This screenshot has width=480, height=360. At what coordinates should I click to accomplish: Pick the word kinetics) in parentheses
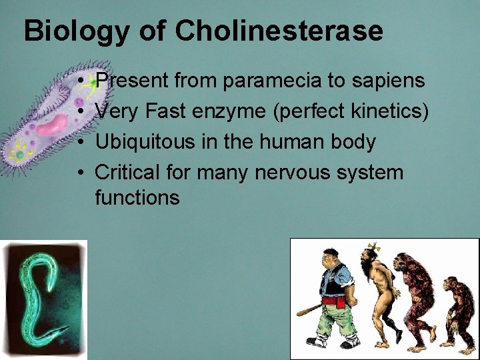pos(389,111)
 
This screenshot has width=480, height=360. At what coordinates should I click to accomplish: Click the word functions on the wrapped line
pos(137,198)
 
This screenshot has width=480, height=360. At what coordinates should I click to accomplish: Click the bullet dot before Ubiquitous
pos(80,143)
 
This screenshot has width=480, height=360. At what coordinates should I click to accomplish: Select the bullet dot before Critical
pos(80,173)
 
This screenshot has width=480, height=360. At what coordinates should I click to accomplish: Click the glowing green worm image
pos(43,299)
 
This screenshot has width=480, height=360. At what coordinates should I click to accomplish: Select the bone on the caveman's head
pos(371,248)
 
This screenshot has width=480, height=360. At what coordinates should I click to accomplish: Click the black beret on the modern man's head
pos(329,252)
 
